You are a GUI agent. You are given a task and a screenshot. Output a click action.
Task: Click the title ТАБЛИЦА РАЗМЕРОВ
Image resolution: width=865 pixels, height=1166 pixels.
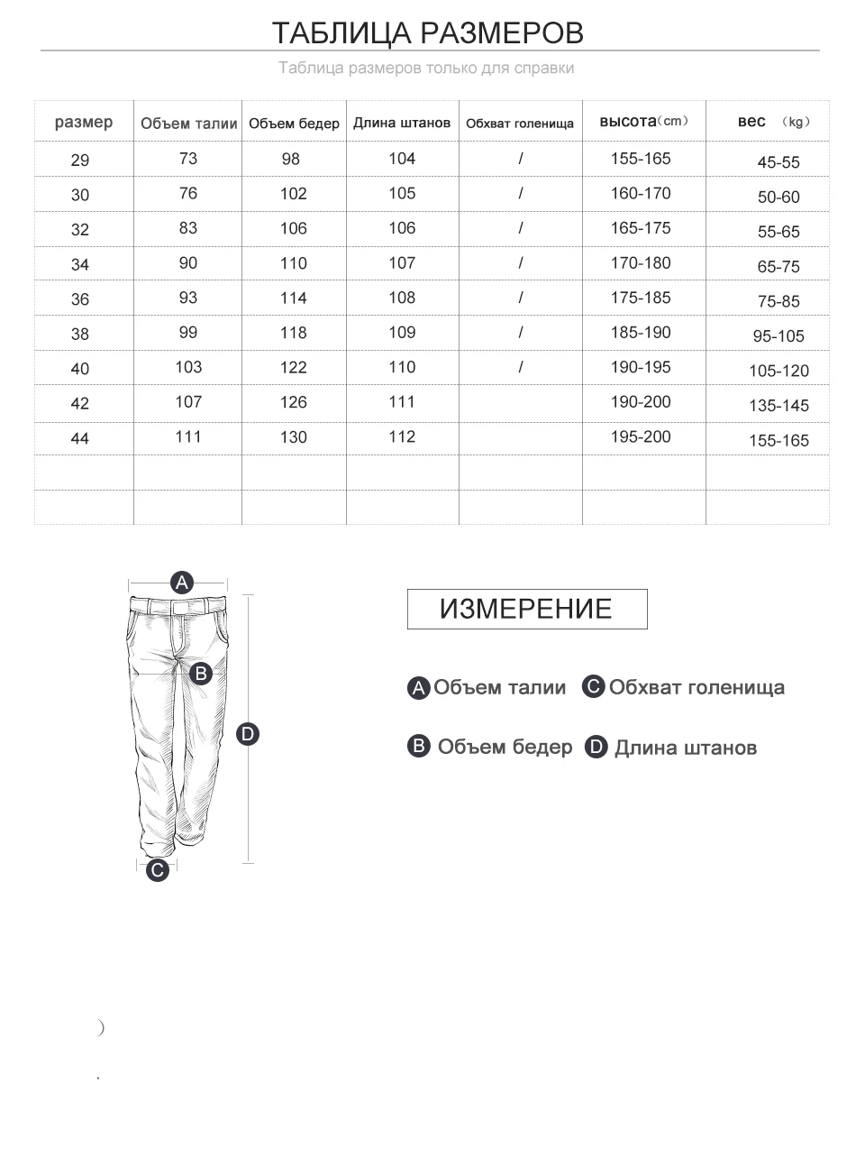click(428, 33)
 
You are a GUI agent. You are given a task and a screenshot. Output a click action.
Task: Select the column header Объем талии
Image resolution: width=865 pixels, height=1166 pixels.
click(188, 124)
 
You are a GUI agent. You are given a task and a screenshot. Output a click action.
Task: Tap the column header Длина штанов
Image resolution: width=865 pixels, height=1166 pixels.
click(402, 123)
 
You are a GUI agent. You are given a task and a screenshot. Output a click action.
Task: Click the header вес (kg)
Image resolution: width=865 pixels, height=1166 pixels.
click(773, 122)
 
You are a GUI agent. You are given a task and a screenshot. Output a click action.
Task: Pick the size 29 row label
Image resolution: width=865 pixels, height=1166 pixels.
click(80, 161)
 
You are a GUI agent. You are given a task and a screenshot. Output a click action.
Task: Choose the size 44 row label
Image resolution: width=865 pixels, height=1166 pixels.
click(80, 438)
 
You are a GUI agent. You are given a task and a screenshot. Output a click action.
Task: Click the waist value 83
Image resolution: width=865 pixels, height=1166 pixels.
click(188, 228)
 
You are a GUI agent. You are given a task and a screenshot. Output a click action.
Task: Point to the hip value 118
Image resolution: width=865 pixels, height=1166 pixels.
click(294, 333)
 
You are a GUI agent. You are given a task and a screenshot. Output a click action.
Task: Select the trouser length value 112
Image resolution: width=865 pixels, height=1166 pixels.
click(402, 436)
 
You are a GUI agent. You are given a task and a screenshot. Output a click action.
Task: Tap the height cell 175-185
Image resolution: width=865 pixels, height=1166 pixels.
click(641, 298)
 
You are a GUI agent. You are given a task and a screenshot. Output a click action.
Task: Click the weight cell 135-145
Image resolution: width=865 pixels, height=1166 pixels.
click(778, 406)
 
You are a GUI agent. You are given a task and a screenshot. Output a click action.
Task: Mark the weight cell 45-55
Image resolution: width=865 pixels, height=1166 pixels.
click(778, 162)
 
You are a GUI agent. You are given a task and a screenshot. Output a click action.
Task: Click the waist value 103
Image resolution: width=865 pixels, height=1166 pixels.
click(188, 367)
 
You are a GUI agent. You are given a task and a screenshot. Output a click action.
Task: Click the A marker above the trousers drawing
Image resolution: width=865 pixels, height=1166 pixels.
click(182, 583)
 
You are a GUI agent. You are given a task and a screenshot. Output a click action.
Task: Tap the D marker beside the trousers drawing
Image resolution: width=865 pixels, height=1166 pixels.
click(248, 734)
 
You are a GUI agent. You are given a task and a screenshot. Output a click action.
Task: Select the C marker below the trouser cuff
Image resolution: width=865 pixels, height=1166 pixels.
click(158, 870)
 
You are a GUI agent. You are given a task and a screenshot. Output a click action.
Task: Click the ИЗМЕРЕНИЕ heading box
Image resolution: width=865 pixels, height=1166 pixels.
click(526, 609)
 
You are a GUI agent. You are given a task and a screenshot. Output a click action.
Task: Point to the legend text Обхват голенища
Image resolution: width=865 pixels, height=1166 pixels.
click(697, 687)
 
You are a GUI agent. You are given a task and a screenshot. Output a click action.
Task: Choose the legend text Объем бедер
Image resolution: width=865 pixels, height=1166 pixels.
click(505, 747)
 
